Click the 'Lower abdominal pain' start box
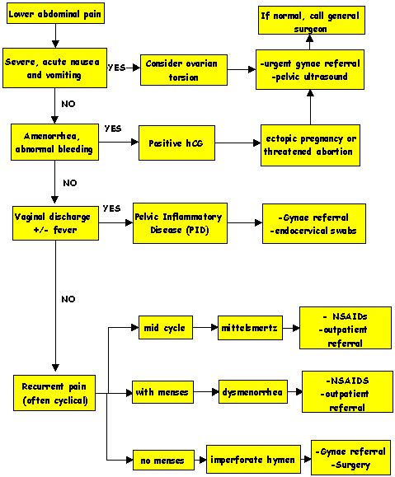pos(55,13)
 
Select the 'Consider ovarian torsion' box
pos(184,70)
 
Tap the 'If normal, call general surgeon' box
pos(312,20)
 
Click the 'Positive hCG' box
pos(176,143)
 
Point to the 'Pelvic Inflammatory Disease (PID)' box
pos(180,223)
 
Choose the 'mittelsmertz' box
pos(250,328)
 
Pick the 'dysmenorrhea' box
pos(253,392)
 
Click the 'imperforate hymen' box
pos(253,459)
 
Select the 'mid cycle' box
pos(166,327)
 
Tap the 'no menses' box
pos(163,460)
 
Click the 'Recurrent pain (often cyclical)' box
pos(54,393)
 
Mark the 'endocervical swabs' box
pos(314,223)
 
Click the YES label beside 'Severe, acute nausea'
pos(116,68)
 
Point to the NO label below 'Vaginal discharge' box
pos(68,299)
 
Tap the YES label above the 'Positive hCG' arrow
pos(113,129)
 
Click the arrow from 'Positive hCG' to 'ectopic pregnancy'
pos(237,143)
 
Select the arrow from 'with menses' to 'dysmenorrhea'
pos(206,392)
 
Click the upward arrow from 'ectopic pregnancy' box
pos(310,107)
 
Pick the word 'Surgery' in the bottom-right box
pos(350,465)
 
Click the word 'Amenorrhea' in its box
pos(52,136)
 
